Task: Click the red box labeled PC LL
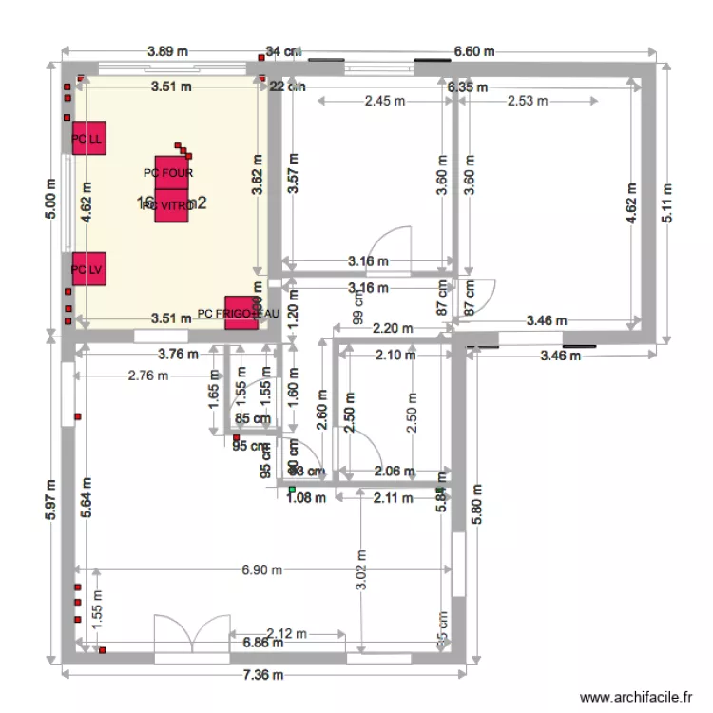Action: [x=87, y=139]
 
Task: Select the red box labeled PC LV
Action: [x=87, y=269]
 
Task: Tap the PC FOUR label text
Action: [x=168, y=173]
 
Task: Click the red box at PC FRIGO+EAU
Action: [x=241, y=313]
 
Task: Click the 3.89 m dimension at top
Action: [x=167, y=51]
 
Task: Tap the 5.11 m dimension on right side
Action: [x=668, y=203]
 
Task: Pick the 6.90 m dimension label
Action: [x=262, y=570]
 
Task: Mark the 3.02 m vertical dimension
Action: [x=361, y=568]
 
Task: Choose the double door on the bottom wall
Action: [x=192, y=633]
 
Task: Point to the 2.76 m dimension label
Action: [x=147, y=375]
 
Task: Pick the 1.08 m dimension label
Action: [x=307, y=496]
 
